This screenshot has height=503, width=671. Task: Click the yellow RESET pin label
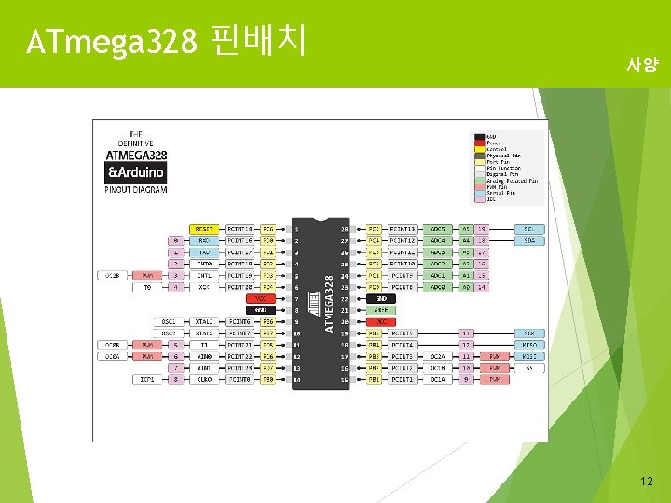[x=203, y=228]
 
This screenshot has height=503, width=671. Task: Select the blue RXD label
[x=203, y=240]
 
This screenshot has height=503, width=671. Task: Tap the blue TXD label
[x=203, y=252]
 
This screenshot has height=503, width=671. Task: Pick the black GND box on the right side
[x=381, y=298]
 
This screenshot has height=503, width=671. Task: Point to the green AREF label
[x=381, y=310]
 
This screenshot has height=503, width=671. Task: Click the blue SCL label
[x=528, y=228]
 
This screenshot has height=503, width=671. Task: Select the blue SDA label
[x=528, y=240]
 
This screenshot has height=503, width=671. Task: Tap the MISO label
[x=528, y=345]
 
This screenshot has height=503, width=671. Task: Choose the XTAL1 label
[x=203, y=321]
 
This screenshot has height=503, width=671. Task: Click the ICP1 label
[x=147, y=379]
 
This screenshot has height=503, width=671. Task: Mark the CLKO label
[x=203, y=379]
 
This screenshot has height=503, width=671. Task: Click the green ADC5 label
[x=436, y=228]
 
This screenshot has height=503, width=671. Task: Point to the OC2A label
[x=436, y=356]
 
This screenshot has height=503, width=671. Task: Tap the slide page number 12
[x=646, y=481]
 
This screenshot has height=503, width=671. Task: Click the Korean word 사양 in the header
[x=642, y=65]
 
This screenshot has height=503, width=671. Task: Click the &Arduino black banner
[x=136, y=172]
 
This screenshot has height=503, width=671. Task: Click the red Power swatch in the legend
[x=479, y=143]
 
